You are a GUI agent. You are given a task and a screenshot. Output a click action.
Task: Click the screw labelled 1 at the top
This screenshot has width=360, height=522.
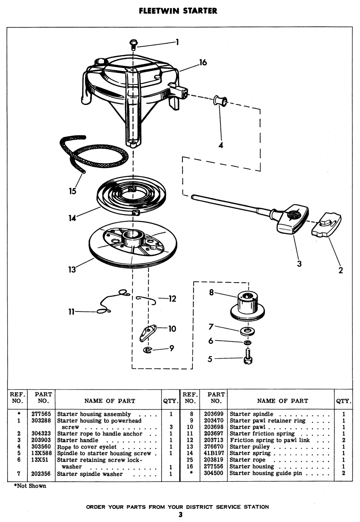pyautogui.click(x=133, y=44)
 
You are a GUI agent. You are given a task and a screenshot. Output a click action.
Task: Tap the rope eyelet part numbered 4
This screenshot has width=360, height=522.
pyautogui.click(x=220, y=100)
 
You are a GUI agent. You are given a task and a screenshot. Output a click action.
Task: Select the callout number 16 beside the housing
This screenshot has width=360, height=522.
pyautogui.click(x=203, y=62)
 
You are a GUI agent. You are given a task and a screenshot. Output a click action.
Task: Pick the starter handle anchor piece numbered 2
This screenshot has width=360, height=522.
pyautogui.click(x=326, y=225)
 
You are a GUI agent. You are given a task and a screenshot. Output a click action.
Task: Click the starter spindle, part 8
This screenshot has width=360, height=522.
pyautogui.click(x=247, y=307)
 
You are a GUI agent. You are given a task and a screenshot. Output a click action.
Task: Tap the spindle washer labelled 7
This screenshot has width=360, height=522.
pyautogui.click(x=247, y=331)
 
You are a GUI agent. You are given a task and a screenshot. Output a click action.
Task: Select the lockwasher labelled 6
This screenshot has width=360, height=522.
pyautogui.click(x=247, y=343)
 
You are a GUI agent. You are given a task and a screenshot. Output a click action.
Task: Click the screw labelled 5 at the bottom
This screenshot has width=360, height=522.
pyautogui.click(x=248, y=356)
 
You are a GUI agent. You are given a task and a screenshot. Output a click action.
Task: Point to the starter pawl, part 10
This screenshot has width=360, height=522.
pyautogui.click(x=148, y=333)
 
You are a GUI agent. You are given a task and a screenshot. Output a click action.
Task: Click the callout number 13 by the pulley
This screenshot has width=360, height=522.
pyautogui.click(x=72, y=270)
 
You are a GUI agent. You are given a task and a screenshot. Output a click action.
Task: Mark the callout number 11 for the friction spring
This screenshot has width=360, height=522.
pyautogui.click(x=71, y=311)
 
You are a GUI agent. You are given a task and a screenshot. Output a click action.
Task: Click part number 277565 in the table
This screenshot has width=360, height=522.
pyautogui.click(x=41, y=414)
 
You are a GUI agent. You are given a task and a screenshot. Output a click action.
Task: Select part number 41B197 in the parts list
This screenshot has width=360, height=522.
pyautogui.click(x=214, y=453)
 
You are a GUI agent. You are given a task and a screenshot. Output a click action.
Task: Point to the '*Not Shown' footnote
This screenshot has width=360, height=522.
pyautogui.click(x=30, y=486)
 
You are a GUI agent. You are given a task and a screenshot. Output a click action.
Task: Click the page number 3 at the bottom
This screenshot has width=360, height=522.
pyautogui.click(x=180, y=514)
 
